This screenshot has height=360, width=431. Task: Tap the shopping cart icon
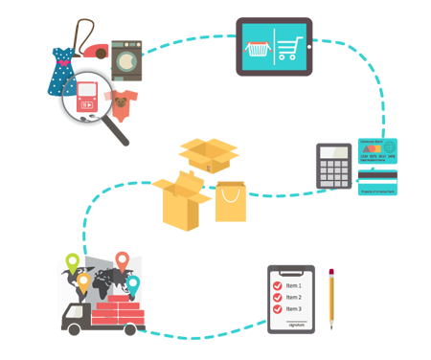click(289, 48)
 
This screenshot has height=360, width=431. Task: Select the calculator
click(334, 168)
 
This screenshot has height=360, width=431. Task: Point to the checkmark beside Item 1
click(278, 284)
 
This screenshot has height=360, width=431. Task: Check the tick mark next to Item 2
click(278, 297)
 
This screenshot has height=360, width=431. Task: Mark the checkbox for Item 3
click(278, 308)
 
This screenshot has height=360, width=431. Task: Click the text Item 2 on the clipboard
click(293, 297)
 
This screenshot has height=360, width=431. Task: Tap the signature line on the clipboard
click(299, 323)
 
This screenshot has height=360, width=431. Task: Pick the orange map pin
click(83, 282)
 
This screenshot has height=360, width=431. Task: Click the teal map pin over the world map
click(133, 284)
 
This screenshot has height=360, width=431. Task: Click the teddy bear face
click(122, 101)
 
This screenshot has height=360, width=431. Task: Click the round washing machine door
click(127, 58)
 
